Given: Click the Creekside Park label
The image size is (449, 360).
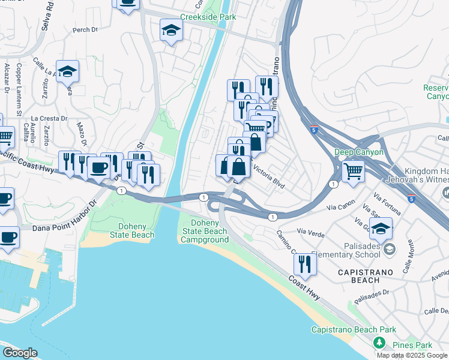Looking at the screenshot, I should point(208,18).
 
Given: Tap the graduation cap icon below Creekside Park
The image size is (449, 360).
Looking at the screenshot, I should point(171,31).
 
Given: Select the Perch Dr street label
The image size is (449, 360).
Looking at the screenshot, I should point(85,30).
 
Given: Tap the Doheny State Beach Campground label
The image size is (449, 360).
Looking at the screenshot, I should point(205,231).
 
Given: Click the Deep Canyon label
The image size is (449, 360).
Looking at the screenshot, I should point(358,152).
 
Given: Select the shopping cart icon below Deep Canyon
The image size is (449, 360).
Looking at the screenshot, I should point(353,171).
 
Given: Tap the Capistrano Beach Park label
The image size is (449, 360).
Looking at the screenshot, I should point(354,330).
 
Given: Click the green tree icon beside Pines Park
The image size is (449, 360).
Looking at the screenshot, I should point(378,343).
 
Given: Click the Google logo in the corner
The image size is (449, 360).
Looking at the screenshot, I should point(20,352).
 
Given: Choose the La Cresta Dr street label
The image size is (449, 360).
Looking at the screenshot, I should point(48,118).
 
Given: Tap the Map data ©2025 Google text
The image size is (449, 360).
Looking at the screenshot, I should point(412,355).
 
